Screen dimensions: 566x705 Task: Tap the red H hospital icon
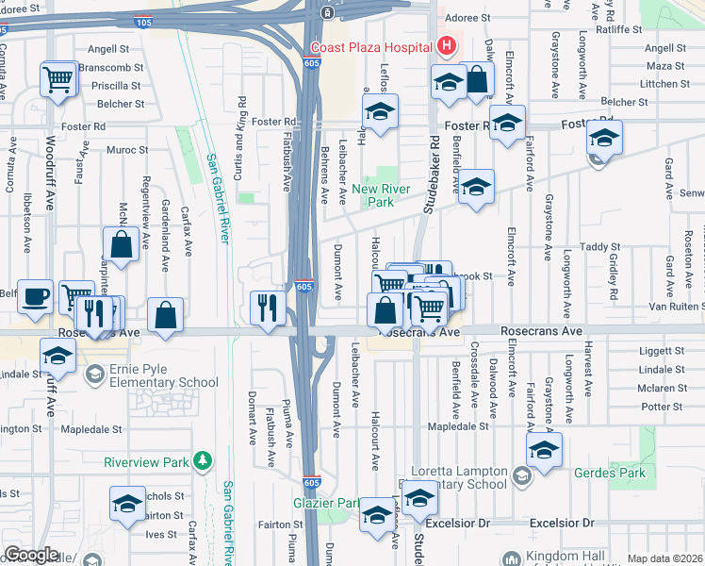click(x=445, y=45)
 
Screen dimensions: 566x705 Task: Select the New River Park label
click(x=381, y=195)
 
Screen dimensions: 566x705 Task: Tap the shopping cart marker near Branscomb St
click(x=58, y=78)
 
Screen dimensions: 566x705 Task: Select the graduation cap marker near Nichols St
click(x=127, y=503)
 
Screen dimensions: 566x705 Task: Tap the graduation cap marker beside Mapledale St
click(x=544, y=450)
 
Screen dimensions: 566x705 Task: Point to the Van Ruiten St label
click(x=677, y=307)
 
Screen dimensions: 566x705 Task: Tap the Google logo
click(x=31, y=555)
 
